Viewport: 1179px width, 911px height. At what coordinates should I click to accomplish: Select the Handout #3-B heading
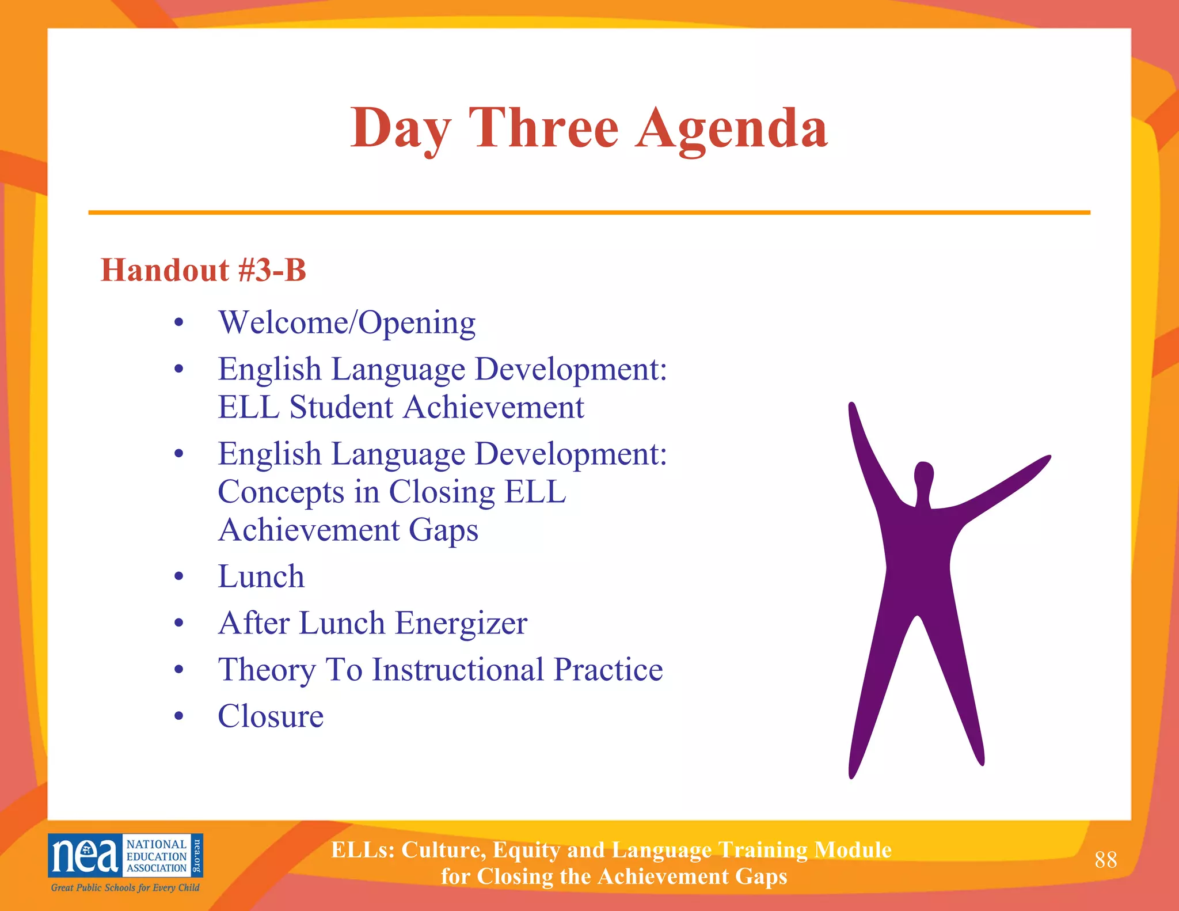coord(203,270)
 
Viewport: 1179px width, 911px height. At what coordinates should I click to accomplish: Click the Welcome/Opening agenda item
coord(347,322)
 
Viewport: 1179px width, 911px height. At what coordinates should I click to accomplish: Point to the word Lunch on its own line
coord(261,576)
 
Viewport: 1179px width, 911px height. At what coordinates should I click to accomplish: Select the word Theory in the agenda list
coord(267,670)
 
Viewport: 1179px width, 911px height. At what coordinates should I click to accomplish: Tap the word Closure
coord(271,716)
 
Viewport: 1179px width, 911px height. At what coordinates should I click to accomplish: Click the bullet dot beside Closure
coord(179,716)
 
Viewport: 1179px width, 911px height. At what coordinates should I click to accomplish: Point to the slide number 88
coord(1105,860)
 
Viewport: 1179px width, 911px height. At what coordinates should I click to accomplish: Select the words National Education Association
coord(156,856)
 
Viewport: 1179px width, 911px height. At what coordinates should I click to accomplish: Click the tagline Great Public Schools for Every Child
coord(125,887)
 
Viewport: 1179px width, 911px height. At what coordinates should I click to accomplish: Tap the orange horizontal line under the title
coord(589,212)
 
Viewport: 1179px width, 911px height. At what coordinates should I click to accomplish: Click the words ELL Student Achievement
coord(401,408)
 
